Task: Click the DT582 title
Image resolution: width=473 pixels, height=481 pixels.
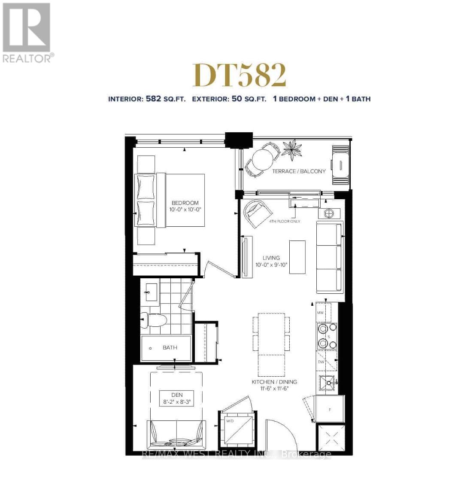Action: point(239,76)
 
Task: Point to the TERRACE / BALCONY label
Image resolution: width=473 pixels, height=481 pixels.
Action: point(299,171)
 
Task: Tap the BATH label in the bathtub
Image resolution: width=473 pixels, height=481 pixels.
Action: point(170,347)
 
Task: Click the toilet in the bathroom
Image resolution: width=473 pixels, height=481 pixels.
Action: point(155,320)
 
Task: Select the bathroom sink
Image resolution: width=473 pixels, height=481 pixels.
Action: point(150,292)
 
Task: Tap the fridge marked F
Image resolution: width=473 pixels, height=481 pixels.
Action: point(330,409)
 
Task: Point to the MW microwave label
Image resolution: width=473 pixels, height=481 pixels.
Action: point(320,313)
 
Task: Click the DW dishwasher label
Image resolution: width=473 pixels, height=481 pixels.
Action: point(321,362)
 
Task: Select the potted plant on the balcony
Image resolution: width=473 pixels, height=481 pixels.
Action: point(293,149)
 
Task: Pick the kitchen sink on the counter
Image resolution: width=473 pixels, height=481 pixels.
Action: point(328,381)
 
